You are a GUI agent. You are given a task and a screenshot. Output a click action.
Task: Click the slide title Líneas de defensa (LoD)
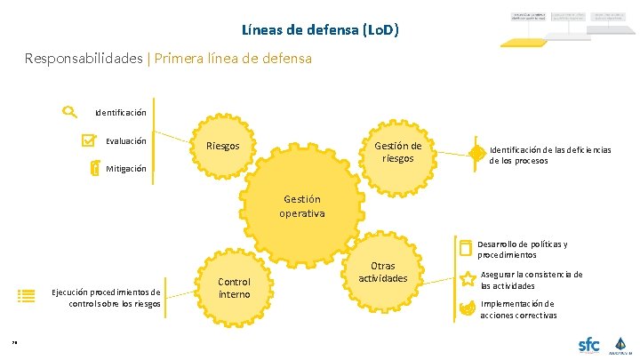point(320,29)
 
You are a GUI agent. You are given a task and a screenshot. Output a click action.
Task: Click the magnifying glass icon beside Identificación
point(69,112)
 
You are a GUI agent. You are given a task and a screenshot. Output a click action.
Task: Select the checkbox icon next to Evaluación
point(88,140)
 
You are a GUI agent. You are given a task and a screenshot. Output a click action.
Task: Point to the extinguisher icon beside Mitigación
point(95,168)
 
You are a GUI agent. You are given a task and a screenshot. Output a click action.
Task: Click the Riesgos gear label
point(222,146)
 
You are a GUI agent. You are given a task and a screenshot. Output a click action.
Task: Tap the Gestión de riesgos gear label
point(397,152)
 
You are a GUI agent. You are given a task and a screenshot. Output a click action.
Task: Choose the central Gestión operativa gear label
point(301,206)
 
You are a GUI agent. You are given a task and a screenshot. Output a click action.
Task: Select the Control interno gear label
point(234,288)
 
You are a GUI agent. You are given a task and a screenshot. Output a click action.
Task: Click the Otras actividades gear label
point(382,272)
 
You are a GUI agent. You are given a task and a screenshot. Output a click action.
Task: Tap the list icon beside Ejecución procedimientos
point(27,297)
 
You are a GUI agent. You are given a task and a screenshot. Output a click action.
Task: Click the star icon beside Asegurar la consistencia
point(467,280)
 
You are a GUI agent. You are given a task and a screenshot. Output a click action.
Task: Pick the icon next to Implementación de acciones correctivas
point(467,308)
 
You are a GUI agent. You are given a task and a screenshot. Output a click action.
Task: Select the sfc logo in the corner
point(588,344)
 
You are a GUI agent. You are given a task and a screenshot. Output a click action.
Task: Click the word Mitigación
point(126,169)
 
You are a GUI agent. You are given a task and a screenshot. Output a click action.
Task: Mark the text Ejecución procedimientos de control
point(107,297)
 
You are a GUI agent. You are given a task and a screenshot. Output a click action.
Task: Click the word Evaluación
point(126,140)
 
